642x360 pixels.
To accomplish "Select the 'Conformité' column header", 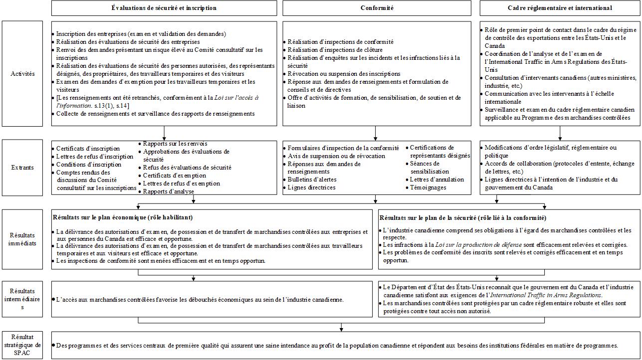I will tap(377, 8).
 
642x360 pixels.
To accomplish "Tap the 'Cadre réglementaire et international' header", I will tap(559, 8).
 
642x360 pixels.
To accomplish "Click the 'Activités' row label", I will tap(23, 74).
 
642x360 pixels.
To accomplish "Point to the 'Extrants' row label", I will tap(23, 168).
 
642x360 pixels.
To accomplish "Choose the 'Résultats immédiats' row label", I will tap(23, 239).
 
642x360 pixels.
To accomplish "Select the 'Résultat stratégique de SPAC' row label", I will tap(23, 345).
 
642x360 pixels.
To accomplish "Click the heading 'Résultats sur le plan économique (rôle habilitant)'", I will tap(123, 217).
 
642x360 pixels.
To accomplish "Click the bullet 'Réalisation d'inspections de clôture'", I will tap(335, 50).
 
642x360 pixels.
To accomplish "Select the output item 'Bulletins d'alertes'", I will tap(312, 180).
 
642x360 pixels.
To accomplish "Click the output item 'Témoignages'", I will tap(428, 187).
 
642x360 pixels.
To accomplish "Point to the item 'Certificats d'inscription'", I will tap(88, 149).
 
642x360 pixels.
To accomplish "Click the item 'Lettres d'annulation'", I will tap(437, 180).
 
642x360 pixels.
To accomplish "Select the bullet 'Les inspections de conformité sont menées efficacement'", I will tap(160, 261).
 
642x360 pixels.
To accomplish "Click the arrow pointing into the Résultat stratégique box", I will tap(341, 327).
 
